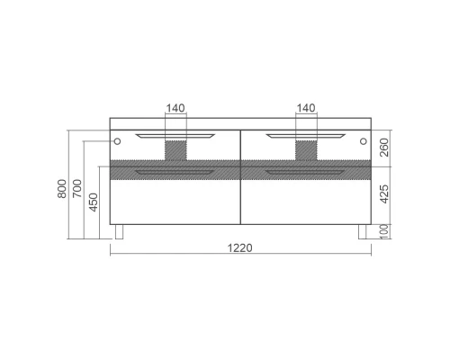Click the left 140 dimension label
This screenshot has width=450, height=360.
point(175,108)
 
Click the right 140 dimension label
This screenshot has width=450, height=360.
point(307,108)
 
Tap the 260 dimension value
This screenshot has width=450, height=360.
point(385,148)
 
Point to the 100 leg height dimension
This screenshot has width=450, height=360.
point(385,232)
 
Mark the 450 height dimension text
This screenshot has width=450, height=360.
point(94,202)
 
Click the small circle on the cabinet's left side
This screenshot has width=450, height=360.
point(117,140)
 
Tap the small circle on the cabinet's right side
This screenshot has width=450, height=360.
point(363,140)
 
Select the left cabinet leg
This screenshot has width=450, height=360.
point(120,232)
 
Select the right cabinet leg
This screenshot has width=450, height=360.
point(361,232)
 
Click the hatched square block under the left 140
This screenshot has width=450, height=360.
point(175,149)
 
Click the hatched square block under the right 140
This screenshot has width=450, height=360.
point(307,149)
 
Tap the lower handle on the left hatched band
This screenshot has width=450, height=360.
point(175,169)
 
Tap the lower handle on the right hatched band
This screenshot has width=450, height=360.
point(306,169)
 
